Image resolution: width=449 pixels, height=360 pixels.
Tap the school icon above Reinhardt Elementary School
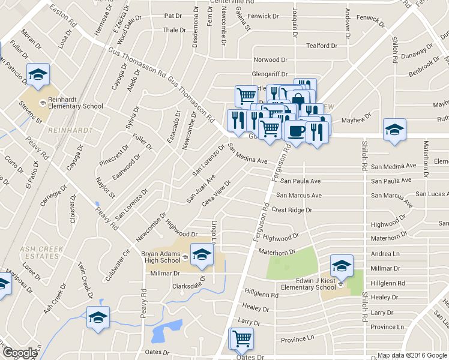(x=38, y=75)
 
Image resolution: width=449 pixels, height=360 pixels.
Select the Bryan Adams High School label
(x=161, y=257)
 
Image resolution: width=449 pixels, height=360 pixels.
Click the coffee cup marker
(x=296, y=130)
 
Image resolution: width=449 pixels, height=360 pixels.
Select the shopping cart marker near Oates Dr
(x=242, y=339)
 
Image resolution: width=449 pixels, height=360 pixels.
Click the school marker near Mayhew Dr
(x=394, y=130)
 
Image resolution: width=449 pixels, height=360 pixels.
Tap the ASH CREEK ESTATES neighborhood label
(x=39, y=251)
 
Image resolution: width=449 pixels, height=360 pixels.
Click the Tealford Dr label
(x=318, y=46)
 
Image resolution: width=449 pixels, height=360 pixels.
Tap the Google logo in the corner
(x=20, y=353)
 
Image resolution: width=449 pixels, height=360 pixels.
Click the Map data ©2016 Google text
(x=411, y=355)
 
